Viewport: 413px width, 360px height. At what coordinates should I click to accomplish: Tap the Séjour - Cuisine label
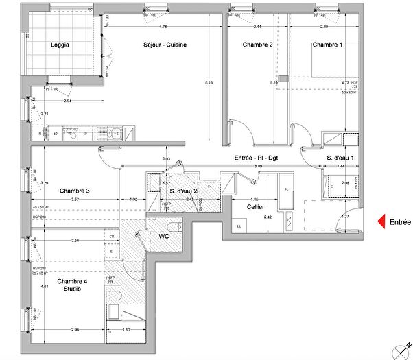(164, 45)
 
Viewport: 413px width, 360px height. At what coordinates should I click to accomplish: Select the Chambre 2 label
(258, 45)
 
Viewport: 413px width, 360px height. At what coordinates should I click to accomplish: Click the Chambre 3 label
(74, 191)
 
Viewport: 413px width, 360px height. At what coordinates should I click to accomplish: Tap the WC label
(165, 236)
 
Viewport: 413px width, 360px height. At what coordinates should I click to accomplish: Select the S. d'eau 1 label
(340, 158)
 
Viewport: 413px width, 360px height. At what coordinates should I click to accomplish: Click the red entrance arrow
(378, 221)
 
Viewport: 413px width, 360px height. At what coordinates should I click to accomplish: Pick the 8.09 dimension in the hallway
(257, 166)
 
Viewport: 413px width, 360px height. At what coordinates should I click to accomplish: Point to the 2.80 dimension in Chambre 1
(324, 27)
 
